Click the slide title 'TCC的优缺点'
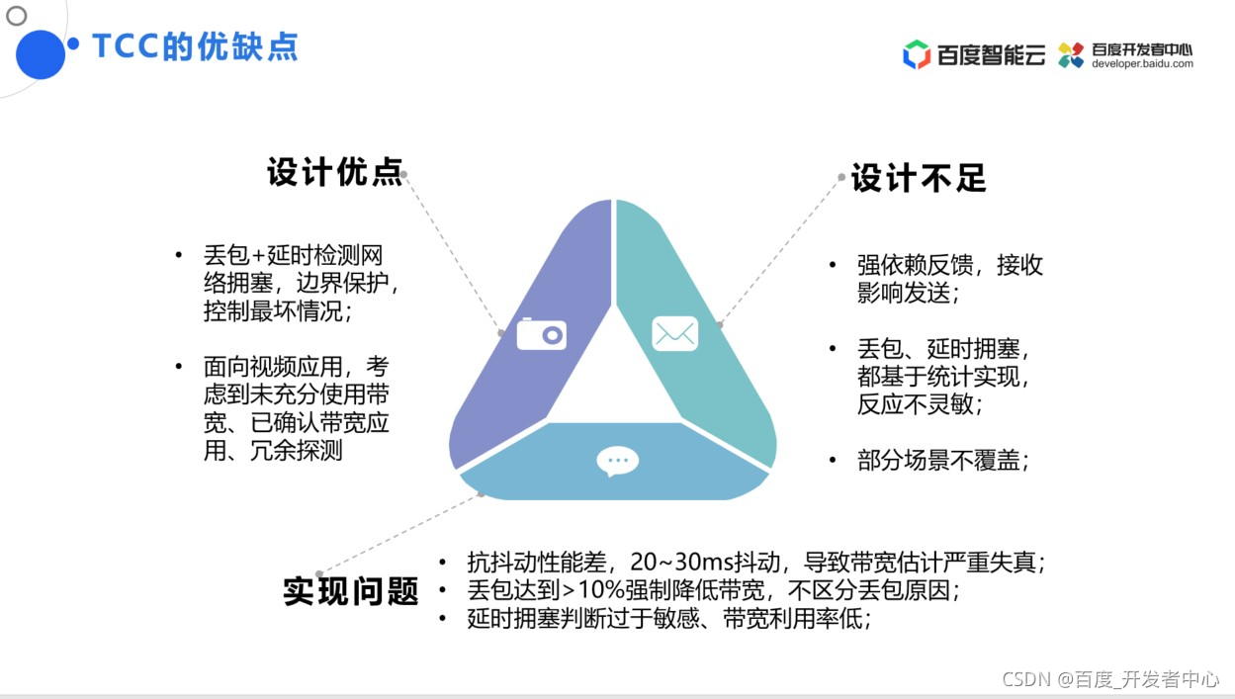click(195, 46)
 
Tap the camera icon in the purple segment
click(541, 334)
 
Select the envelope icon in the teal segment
click(674, 334)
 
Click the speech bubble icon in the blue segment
click(618, 461)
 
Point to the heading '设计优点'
click(335, 172)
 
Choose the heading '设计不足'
click(919, 179)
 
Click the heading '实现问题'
click(351, 591)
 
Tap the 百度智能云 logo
click(974, 54)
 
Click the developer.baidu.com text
click(1142, 64)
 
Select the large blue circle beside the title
click(41, 54)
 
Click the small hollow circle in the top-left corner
click(17, 16)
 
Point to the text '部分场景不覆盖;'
click(943, 461)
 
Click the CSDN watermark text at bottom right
click(1110, 679)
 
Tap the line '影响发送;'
click(908, 294)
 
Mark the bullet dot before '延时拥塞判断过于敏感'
click(442, 619)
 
